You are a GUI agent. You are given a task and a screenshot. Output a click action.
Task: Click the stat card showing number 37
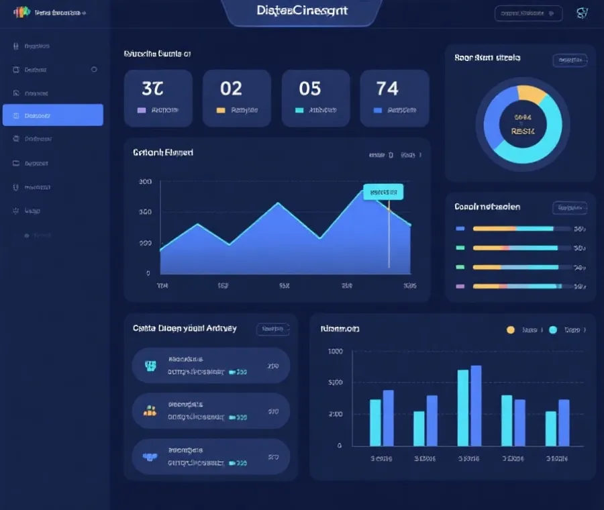coord(158,98)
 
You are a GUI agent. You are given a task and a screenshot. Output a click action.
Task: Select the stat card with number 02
coord(236,98)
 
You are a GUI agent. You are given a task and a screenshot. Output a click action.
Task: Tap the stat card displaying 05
coord(315,98)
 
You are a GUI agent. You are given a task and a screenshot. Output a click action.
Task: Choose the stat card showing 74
coord(394,98)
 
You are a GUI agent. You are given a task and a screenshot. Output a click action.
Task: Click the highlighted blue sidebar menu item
coord(53,115)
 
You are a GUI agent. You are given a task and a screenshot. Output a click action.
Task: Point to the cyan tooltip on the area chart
coord(383,192)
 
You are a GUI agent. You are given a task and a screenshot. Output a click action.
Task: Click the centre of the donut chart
coord(523,124)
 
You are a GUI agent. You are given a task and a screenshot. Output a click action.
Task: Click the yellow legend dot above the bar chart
coord(510,329)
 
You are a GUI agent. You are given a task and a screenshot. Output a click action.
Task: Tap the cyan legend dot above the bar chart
coord(553,329)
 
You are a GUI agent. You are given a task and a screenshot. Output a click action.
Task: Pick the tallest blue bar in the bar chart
coord(476,405)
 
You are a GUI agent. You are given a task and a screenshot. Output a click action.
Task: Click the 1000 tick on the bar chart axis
coord(335,352)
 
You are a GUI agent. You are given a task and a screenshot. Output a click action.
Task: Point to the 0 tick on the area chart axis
coord(148,274)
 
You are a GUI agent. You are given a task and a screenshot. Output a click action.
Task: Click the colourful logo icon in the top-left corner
coord(21,12)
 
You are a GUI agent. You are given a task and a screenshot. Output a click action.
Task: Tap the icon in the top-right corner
coord(582,13)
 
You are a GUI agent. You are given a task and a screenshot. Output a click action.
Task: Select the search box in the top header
coord(527,13)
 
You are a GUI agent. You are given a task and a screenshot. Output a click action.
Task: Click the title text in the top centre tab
coord(302,11)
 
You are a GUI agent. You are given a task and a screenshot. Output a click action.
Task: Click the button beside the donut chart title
coord(570,60)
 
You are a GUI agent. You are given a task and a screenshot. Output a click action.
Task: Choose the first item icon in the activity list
coord(150,366)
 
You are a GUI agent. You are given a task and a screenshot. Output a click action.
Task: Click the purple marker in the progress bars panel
coord(460,286)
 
